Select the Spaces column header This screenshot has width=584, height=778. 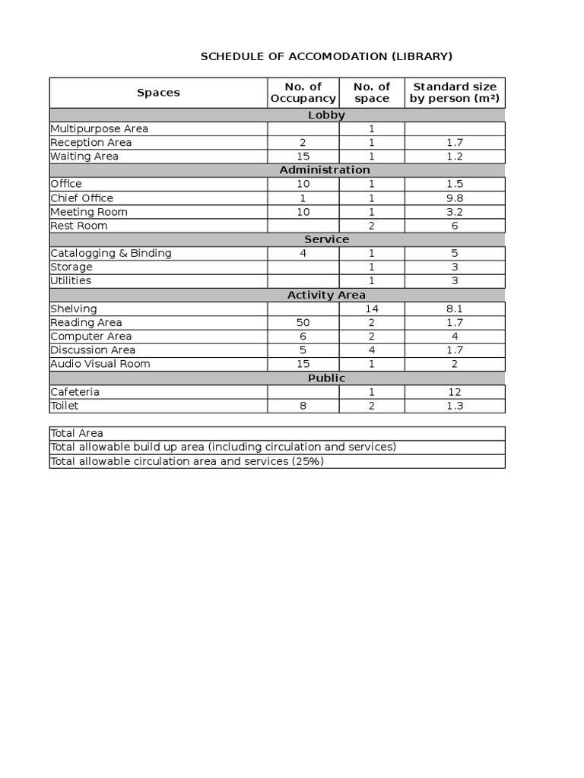tap(158, 93)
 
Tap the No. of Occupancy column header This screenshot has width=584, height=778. tap(303, 93)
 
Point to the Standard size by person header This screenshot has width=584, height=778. tap(455, 93)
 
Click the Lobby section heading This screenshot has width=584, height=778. tap(326, 115)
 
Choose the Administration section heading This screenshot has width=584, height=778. tap(325, 170)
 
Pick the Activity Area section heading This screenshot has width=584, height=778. tap(326, 295)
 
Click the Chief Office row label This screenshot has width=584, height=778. tap(81, 198)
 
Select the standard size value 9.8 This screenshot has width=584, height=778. tap(455, 198)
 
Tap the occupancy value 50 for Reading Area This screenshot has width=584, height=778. tap(303, 323)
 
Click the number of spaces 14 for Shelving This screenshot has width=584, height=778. tap(372, 309)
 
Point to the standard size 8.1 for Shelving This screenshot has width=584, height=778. tap(455, 309)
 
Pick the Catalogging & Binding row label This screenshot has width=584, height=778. tap(111, 253)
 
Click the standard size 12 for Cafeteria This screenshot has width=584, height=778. tap(455, 392)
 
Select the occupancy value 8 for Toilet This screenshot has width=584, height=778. tap(303, 406)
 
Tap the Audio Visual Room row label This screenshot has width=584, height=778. tap(100, 364)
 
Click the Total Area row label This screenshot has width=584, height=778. tap(77, 433)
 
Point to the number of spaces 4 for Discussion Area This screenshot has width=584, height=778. tap(372, 350)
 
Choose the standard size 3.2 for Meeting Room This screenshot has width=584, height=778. tap(455, 212)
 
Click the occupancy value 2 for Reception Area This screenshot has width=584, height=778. tap(303, 143)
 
